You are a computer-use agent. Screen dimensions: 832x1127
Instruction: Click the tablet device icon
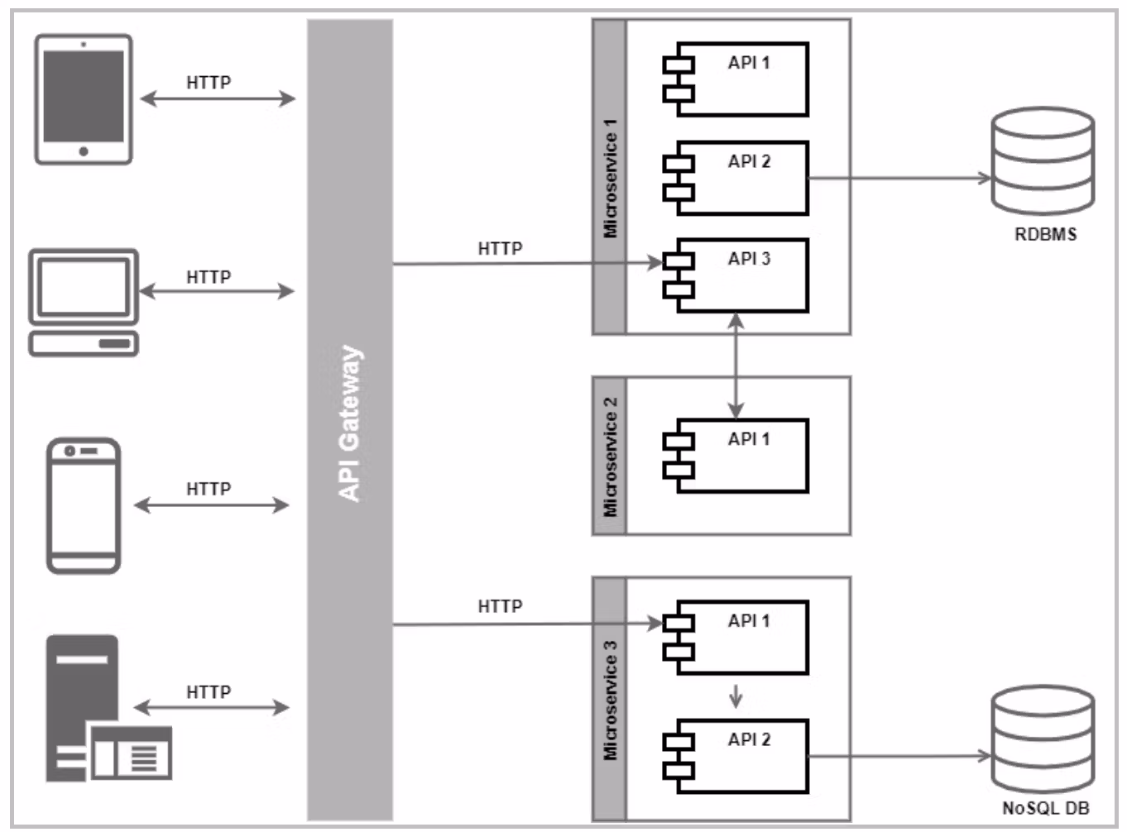click(x=84, y=99)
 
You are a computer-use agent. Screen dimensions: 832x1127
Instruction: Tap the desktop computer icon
click(x=84, y=302)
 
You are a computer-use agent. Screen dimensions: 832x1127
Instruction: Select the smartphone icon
click(x=84, y=505)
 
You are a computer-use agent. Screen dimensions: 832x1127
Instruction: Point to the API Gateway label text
click(x=350, y=423)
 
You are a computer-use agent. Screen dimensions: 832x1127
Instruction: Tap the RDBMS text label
click(x=1045, y=235)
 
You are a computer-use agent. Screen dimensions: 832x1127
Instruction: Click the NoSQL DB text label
click(x=1045, y=808)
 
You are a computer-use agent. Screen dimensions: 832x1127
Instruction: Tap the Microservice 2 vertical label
click(x=611, y=457)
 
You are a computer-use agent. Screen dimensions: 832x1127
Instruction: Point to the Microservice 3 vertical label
click(x=611, y=700)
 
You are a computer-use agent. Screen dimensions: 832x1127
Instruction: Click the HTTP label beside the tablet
click(x=209, y=83)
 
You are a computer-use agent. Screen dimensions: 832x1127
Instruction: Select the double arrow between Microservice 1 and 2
click(x=736, y=365)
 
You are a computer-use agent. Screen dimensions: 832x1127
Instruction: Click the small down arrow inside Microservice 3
click(x=736, y=697)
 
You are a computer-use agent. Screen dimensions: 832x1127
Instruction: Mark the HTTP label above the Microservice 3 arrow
click(x=500, y=606)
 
